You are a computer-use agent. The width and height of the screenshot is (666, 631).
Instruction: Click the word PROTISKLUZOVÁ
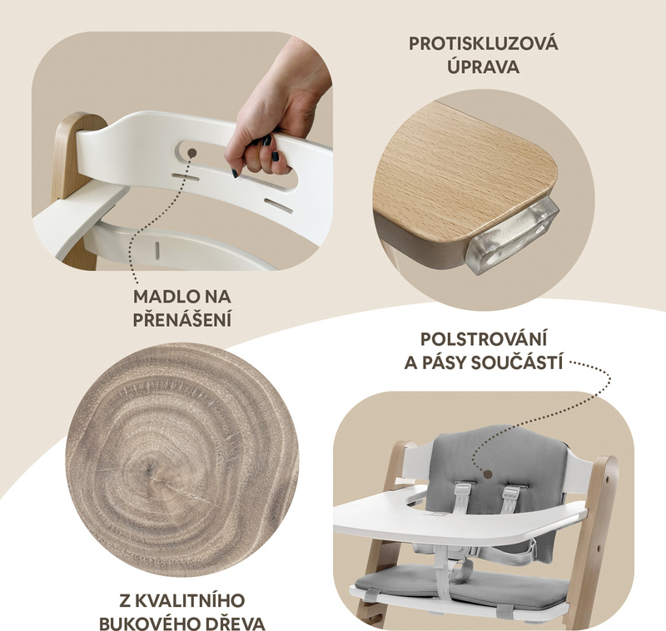point(484,43)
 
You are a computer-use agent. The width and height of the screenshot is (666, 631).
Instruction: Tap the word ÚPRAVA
point(483,67)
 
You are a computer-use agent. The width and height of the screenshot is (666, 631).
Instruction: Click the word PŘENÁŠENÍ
point(182,319)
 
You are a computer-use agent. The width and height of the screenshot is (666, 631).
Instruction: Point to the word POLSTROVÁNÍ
point(484,339)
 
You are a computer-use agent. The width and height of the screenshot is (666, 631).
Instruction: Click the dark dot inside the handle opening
point(192,153)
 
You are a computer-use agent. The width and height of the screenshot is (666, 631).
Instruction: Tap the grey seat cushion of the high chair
point(462,584)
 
